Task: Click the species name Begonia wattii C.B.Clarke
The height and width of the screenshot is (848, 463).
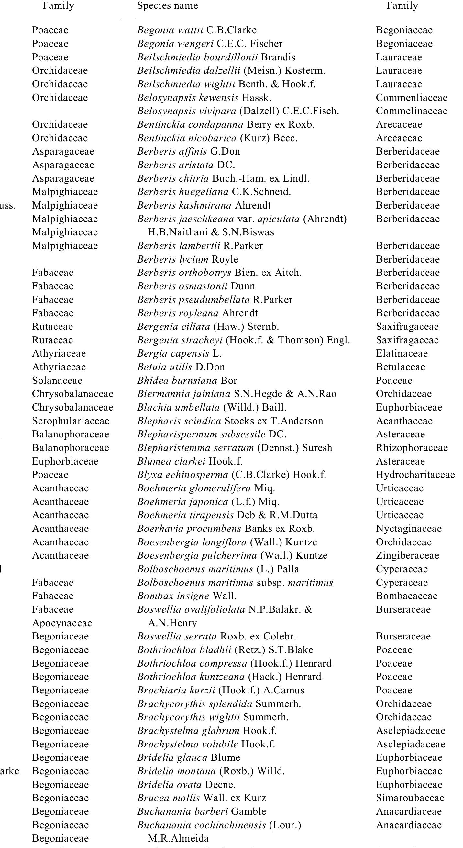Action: [x=197, y=30]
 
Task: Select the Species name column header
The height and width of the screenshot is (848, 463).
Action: [x=167, y=5]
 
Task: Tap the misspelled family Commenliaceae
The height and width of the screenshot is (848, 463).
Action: [x=411, y=97]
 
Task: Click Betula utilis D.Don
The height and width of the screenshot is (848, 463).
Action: [x=181, y=367]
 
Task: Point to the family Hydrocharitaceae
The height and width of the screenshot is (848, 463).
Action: [x=415, y=475]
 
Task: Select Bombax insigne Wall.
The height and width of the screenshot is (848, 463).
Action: [x=186, y=596]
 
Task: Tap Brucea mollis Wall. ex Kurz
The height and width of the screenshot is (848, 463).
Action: [x=201, y=798]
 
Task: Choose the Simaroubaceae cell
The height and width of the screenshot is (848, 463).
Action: [x=410, y=798]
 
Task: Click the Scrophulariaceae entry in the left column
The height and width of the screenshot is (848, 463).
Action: [x=71, y=421]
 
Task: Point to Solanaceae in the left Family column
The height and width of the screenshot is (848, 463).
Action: [x=57, y=381]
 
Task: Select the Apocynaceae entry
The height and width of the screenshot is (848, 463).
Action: [x=62, y=623]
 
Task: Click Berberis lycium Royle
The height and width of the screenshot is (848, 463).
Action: [x=188, y=259]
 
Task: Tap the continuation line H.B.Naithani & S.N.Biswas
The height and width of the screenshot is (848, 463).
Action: [x=211, y=232]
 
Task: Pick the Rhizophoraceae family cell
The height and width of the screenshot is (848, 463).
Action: [x=412, y=448]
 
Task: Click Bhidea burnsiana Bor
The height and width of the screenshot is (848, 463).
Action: [x=187, y=381]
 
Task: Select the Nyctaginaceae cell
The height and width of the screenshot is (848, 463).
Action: [x=408, y=529]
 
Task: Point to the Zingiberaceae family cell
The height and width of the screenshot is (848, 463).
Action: [x=407, y=556]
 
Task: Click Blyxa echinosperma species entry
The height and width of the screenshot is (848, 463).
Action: [x=231, y=475]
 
